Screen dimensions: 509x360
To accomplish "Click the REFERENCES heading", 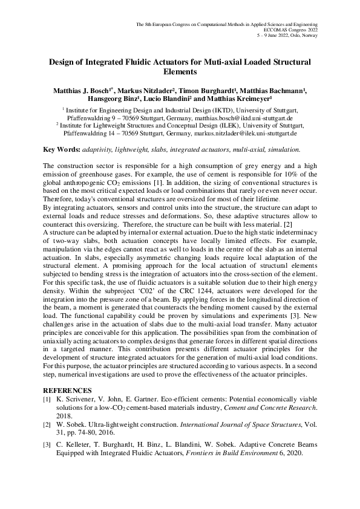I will [x=67, y=390].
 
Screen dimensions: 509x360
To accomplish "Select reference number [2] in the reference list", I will [x=47, y=426].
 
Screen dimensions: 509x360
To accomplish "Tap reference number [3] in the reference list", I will [x=47, y=446].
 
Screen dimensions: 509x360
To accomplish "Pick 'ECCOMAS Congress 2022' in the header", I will [x=292, y=29].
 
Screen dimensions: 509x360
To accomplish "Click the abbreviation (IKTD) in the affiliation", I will [x=215, y=111].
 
